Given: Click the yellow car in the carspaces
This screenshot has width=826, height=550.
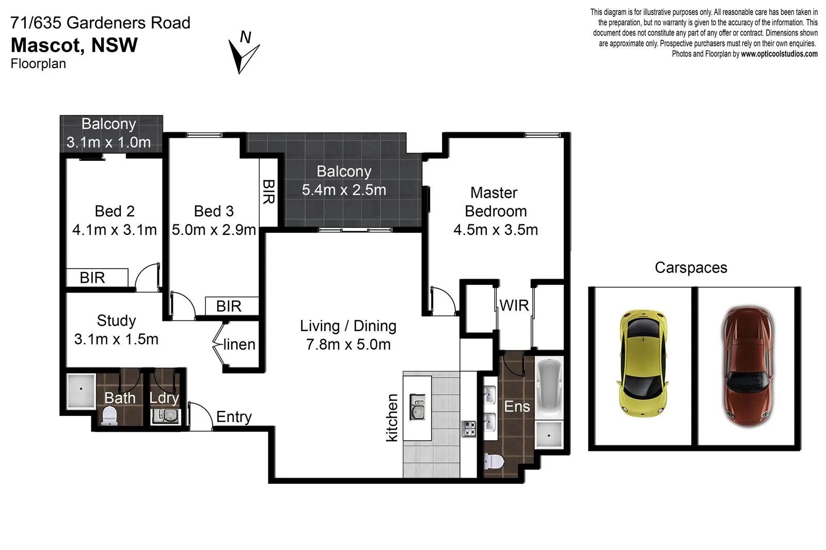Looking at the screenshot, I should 642,364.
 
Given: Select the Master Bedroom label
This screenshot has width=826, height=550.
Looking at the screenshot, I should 495,202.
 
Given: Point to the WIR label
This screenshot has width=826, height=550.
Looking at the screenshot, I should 514,305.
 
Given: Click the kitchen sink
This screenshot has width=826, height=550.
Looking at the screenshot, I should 417,406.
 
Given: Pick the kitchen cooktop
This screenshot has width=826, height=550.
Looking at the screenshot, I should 469,429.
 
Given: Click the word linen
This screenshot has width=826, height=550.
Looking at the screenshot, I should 239,344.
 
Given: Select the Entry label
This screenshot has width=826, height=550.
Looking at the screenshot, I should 234,416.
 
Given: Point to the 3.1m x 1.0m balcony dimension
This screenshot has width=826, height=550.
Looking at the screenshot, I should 108,142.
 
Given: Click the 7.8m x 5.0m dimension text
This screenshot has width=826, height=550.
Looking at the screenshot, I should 348,344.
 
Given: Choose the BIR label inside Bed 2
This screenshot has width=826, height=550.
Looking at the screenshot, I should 92,278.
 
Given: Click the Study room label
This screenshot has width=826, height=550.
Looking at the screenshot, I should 116,320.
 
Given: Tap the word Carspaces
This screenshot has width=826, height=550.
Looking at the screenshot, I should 691,267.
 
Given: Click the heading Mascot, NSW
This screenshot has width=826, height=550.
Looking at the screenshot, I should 74,45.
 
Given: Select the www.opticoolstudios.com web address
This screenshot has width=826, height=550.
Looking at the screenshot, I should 779,54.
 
